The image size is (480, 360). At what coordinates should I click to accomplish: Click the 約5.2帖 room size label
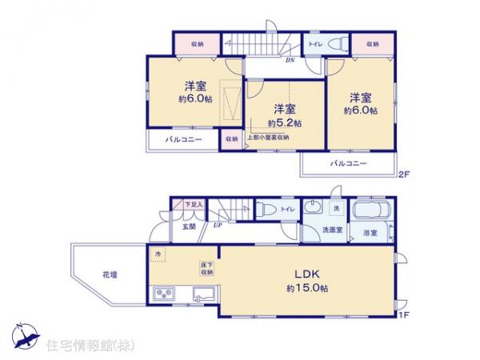pos(285,124)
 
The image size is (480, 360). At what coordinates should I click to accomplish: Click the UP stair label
pos(217,226)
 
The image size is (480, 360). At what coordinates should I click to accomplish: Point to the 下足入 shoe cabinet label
pos(194,205)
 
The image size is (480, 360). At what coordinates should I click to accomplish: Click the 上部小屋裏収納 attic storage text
pos(267,138)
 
